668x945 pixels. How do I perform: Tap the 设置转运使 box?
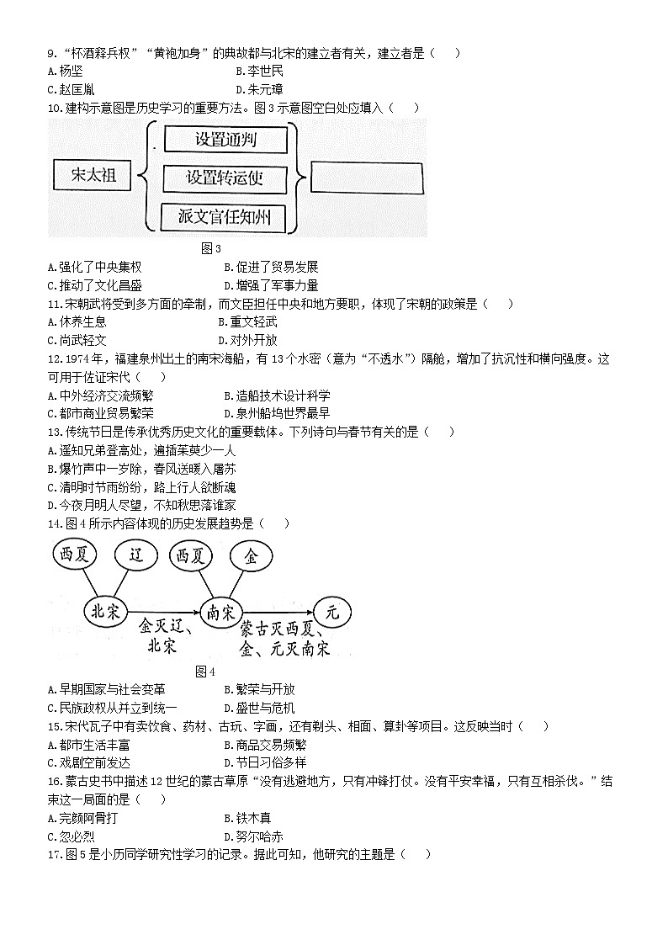coord(225,178)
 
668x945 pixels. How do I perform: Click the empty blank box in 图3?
coord(367,178)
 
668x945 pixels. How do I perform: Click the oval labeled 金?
coord(251,556)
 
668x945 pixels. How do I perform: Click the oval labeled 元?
coord(331,613)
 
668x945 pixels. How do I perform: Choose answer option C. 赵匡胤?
coord(71,89)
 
